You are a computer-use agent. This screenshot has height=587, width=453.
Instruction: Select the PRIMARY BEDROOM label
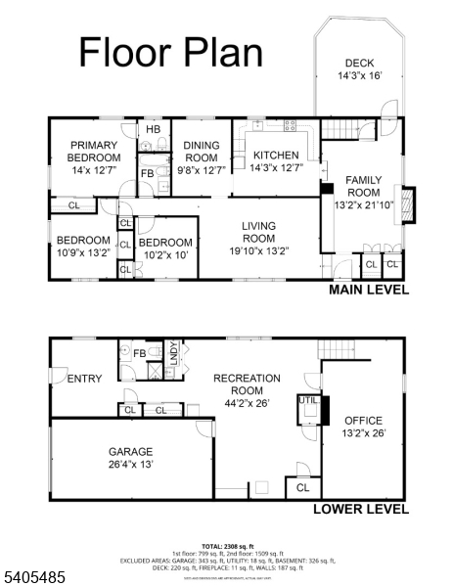94,158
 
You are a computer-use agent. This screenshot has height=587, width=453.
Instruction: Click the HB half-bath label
153,129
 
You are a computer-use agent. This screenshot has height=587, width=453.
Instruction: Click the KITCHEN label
270,161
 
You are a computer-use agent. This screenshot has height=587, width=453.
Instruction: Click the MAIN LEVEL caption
368,290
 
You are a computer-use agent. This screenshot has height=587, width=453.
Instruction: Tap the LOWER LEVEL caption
359,509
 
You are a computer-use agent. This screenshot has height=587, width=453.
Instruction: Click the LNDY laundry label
173,352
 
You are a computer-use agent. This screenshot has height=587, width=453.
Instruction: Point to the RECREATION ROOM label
247,384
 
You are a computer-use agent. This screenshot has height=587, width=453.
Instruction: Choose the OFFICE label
363,427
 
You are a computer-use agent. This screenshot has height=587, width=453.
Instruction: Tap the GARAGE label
130,458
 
